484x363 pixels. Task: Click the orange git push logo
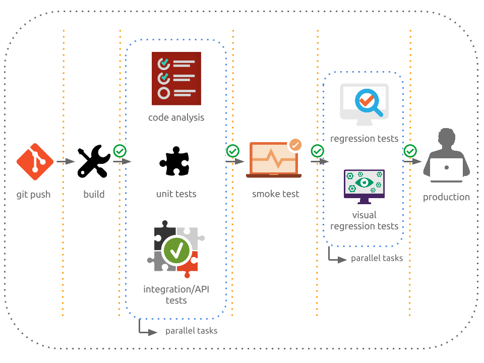[35, 161]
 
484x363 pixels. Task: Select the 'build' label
[94, 195]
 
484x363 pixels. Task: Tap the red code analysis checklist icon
[176, 79]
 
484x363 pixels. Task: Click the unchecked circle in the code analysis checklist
[164, 93]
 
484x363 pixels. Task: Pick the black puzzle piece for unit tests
[176, 161]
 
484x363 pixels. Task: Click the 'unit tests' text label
[176, 194]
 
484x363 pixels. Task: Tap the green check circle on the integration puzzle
[176, 250]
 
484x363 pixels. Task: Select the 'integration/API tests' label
[176, 295]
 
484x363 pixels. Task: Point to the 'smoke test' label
[276, 194]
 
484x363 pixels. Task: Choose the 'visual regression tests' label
[364, 220]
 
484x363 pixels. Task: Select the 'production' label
[446, 197]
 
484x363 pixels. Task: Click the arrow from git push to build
[66, 161]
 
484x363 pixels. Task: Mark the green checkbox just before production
[410, 151]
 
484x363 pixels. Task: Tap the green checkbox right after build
[119, 151]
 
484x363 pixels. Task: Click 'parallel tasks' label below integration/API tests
[191, 331]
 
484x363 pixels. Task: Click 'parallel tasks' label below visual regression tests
[377, 259]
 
